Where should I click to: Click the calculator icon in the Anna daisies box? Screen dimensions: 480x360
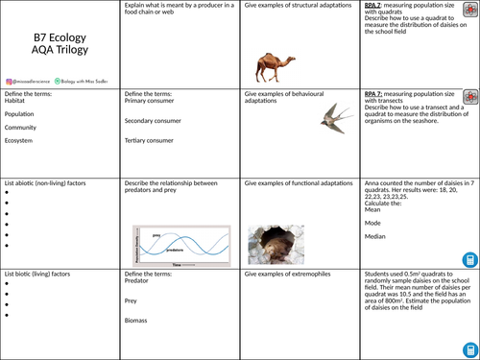(x=468, y=259)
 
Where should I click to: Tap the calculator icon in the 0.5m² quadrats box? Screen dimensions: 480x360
(x=468, y=346)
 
